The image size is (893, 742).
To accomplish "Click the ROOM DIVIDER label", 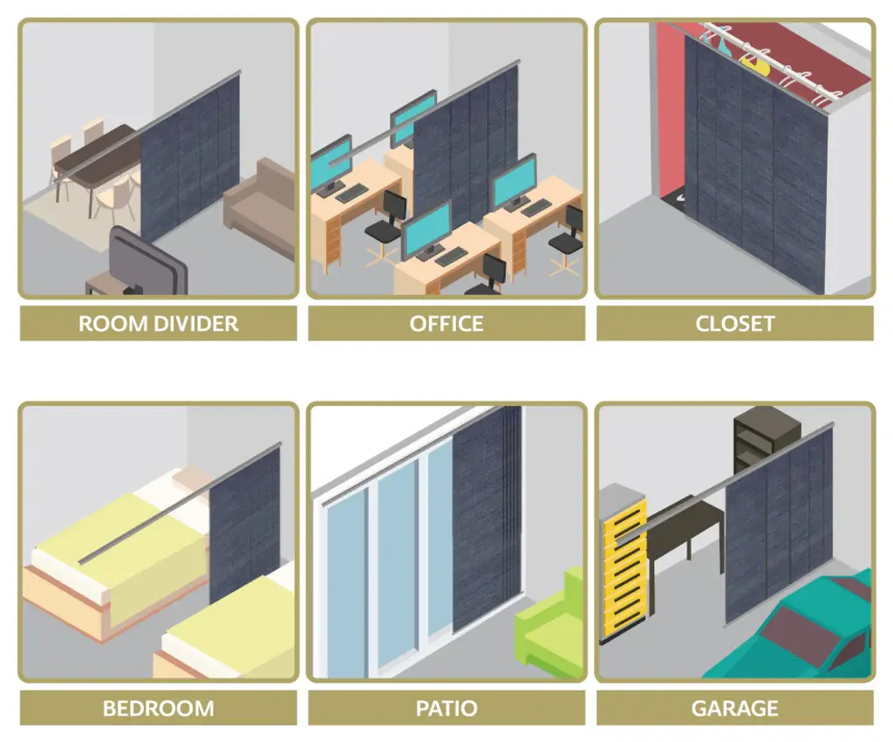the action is pos(159,324).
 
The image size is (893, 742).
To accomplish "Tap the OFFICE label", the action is pos(446,324).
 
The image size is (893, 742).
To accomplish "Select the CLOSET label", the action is pos(734,324).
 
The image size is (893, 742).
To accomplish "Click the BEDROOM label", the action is pos(159,708).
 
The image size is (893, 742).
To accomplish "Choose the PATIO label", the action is pos(446,708).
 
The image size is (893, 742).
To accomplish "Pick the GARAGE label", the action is pos(734,708).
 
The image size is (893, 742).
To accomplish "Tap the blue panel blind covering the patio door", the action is pos(487,519).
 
